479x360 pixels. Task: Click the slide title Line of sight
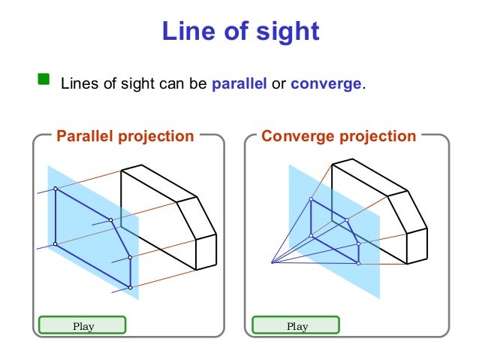(x=240, y=31)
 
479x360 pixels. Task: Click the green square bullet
(x=44, y=78)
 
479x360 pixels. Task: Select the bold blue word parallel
(x=239, y=83)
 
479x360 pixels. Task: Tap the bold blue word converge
(x=326, y=83)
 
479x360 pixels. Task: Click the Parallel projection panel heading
(x=125, y=136)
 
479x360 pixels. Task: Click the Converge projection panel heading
(x=338, y=136)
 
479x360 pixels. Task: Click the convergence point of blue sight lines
(x=272, y=262)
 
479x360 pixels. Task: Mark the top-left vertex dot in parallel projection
(x=56, y=189)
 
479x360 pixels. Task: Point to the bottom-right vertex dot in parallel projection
(x=130, y=288)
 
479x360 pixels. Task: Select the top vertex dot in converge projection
(x=312, y=199)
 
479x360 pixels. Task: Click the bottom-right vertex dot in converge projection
(x=358, y=263)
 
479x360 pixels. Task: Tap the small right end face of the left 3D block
(x=206, y=253)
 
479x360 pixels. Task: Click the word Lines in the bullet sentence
(x=76, y=83)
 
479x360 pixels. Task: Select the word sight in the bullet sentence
(x=130, y=83)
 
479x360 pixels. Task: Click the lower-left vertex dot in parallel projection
(x=56, y=244)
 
